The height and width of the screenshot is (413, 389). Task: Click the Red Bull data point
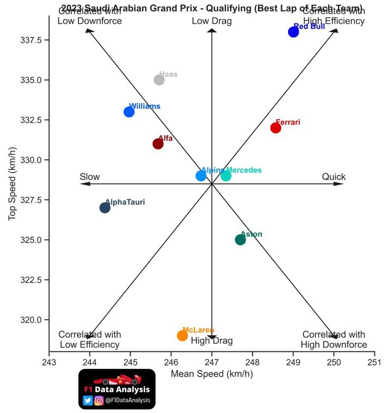click(x=294, y=32)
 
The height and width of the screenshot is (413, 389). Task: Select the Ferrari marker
click(x=276, y=127)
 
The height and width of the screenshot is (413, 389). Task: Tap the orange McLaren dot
click(x=183, y=336)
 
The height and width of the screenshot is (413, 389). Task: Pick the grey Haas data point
click(x=159, y=80)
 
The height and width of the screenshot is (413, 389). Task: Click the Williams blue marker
click(x=129, y=112)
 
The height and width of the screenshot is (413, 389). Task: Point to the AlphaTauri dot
click(x=105, y=208)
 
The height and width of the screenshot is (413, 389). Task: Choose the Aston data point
click(x=240, y=240)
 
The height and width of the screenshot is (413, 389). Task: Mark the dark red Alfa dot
click(x=158, y=144)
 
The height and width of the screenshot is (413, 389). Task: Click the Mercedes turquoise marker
click(x=226, y=175)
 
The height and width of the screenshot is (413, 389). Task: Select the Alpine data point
click(x=201, y=175)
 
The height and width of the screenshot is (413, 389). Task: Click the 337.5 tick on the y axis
click(x=33, y=40)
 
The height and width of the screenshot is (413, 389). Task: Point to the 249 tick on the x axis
click(x=293, y=362)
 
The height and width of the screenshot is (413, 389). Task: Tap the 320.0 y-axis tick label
click(x=33, y=320)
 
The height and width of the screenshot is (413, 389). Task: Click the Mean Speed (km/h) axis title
click(x=212, y=374)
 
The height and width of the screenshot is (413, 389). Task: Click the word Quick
click(x=333, y=177)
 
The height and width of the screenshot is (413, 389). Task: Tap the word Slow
click(x=90, y=177)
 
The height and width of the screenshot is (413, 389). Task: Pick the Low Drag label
click(x=212, y=21)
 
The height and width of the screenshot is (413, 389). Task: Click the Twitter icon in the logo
click(x=88, y=400)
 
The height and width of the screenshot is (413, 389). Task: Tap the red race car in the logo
click(x=117, y=379)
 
